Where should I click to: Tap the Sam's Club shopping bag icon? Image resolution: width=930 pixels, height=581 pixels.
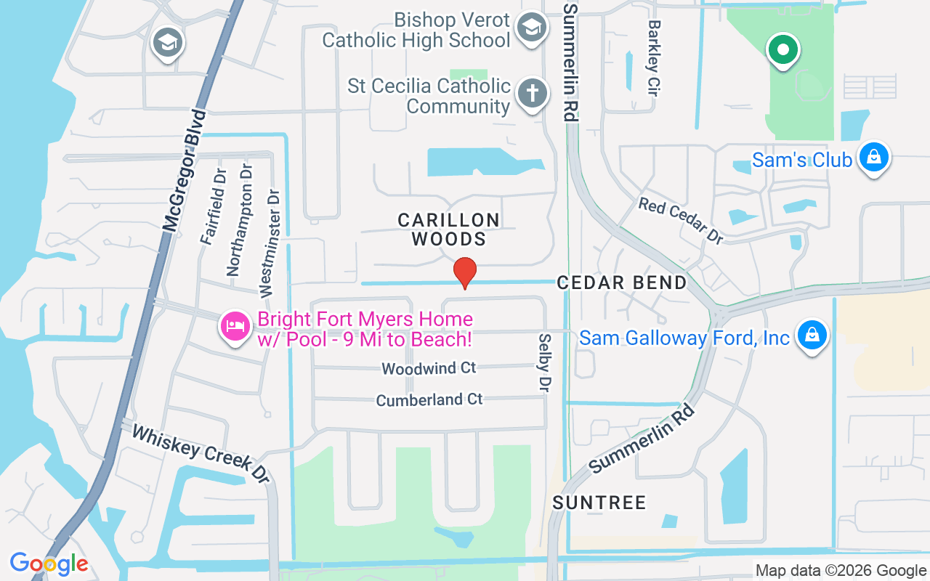(873, 158)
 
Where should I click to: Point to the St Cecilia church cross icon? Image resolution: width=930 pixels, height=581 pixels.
(533, 94)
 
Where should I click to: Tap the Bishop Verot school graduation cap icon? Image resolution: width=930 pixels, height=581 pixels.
(531, 28)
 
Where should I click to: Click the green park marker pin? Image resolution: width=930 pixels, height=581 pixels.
(783, 51)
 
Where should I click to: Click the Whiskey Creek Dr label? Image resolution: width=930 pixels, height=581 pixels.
(200, 452)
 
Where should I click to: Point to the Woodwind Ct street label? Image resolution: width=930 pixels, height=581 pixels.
(429, 368)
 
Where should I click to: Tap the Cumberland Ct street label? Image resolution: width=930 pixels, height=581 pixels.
(429, 399)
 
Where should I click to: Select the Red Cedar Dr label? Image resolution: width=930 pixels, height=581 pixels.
(681, 220)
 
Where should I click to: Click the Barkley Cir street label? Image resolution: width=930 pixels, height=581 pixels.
(655, 54)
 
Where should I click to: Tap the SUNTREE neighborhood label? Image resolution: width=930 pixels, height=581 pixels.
(599, 503)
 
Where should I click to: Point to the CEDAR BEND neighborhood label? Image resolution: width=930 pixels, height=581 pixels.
(621, 283)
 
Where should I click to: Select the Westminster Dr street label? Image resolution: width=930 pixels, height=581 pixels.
(270, 243)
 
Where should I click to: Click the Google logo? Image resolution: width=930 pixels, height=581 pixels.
(49, 564)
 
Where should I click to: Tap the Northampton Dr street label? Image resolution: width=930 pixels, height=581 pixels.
(241, 229)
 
